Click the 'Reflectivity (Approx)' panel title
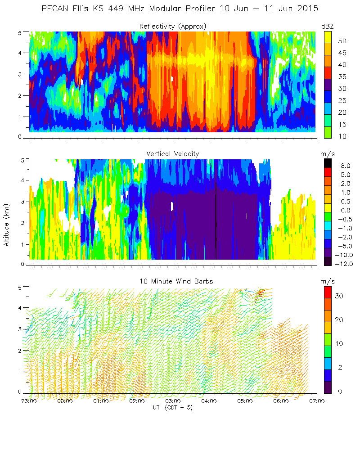point(173,26)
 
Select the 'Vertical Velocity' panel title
point(173,154)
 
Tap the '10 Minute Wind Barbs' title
point(173,281)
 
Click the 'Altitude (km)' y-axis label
point(6,223)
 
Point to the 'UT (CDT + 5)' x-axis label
point(173,407)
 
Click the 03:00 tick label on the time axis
point(173,400)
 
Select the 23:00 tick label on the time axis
point(29,400)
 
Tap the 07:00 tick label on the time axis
point(317,400)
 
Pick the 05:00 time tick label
point(245,400)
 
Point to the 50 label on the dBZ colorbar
point(342,41)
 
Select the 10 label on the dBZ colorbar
point(342,136)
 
